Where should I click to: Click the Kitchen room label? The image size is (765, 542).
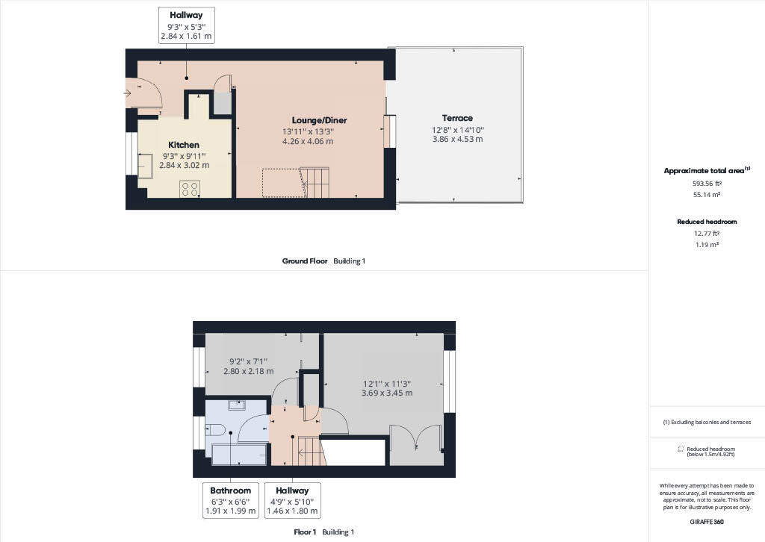[183, 145]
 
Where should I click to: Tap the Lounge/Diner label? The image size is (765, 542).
[319, 120]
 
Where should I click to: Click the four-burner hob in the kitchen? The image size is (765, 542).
[189, 189]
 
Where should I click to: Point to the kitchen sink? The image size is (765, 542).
[146, 166]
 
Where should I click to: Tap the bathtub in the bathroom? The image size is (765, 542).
[240, 454]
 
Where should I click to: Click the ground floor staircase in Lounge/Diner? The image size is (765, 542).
[314, 181]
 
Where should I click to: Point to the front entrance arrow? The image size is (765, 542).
[128, 93]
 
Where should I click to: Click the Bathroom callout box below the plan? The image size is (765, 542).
[230, 501]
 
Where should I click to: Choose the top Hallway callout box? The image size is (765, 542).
[187, 24]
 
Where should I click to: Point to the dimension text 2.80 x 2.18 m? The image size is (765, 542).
[249, 371]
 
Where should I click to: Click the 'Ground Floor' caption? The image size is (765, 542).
[304, 261]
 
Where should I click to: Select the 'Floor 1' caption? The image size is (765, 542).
[305, 532]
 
